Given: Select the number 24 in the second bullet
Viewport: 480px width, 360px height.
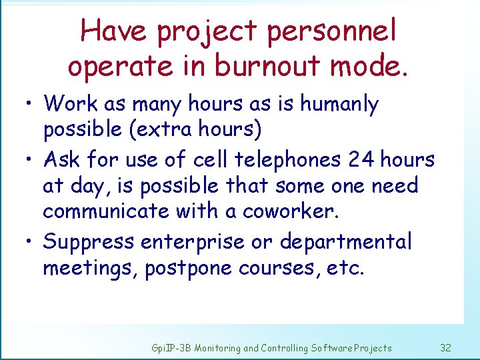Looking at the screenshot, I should tap(363, 160).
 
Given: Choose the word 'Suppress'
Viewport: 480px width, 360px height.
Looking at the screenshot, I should tap(88, 241).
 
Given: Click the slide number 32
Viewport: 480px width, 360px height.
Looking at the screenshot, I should tap(446, 348).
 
